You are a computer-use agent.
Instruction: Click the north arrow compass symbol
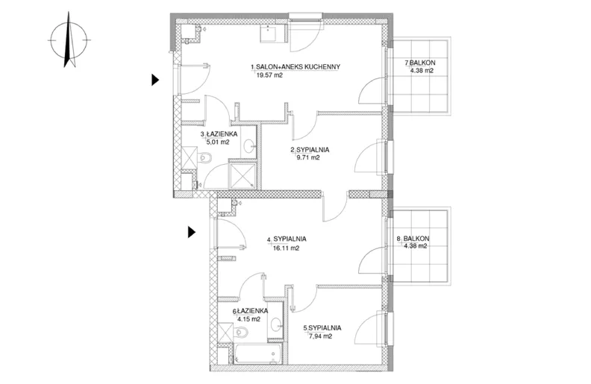[69, 40]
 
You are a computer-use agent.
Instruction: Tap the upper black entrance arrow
[155, 80]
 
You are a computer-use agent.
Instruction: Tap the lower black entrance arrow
[192, 233]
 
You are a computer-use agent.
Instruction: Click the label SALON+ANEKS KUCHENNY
[298, 67]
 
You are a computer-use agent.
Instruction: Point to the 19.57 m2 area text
[269, 75]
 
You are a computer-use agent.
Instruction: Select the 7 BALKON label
[420, 63]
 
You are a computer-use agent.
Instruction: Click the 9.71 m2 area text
[308, 158]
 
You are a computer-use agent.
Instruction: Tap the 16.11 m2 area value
[286, 248]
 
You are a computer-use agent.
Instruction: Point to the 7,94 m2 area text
[320, 336]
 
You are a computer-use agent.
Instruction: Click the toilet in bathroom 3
[204, 157]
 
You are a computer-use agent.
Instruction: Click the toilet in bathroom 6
[240, 332]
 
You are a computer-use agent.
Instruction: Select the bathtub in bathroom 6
[257, 353]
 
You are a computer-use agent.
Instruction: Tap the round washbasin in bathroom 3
[248, 145]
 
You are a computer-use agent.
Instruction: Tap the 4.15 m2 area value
[248, 319]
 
